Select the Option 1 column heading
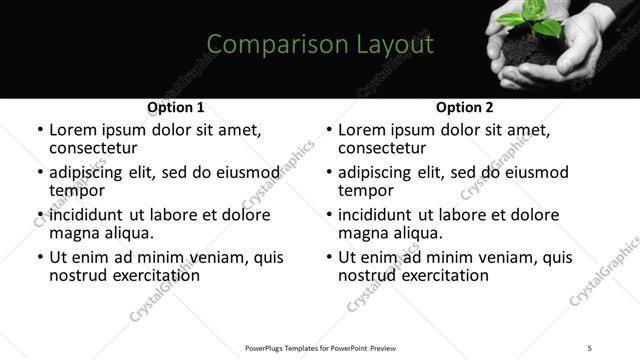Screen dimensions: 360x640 tap(176, 107)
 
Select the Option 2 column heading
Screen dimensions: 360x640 tap(465, 107)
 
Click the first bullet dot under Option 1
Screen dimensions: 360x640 tap(39, 131)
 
